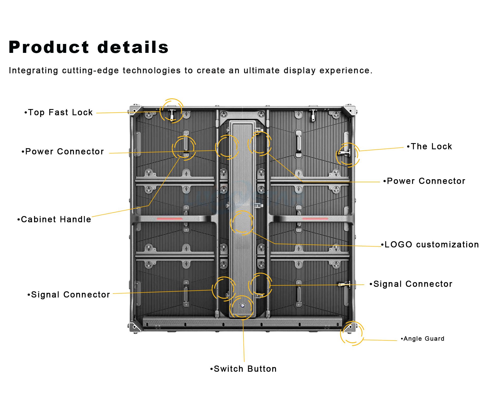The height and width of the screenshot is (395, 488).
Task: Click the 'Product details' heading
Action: point(88,47)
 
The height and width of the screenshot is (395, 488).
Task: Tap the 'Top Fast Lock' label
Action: point(59,112)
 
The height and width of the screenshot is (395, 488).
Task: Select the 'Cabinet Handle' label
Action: point(54,219)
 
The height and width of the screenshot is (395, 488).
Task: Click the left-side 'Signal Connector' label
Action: point(69,295)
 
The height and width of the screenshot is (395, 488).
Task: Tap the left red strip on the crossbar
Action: point(170,219)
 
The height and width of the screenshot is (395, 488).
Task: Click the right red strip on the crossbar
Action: point(315,219)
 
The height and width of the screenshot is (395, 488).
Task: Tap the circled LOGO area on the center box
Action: point(242,223)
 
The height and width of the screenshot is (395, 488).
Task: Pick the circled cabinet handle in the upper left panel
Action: point(185,145)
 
